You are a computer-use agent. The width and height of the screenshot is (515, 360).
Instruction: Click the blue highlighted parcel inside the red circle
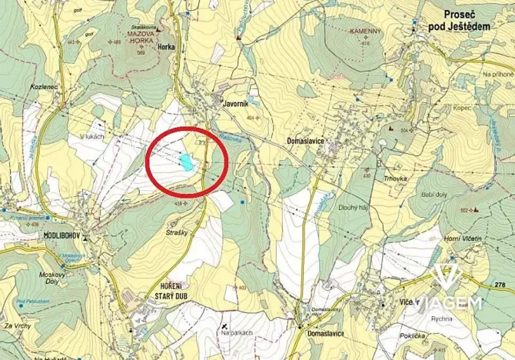pyautogui.click(x=186, y=162)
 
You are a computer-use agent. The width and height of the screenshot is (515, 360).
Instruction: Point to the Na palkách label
pyautogui.click(x=234, y=332)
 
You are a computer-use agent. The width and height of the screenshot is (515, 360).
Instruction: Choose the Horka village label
pyautogui.click(x=164, y=47)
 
